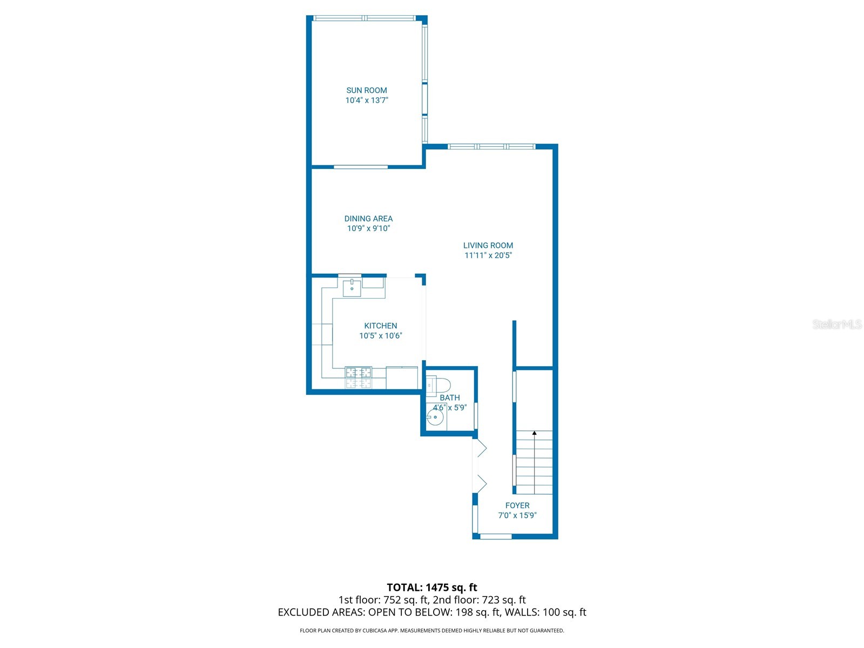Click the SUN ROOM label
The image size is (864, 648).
point(366,90)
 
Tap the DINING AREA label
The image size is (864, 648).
point(368,218)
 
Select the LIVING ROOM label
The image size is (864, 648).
point(488,245)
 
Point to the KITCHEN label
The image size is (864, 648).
point(380,326)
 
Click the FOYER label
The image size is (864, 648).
point(517,505)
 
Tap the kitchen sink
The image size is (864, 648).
point(352,288)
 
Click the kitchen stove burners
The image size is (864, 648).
point(358,372)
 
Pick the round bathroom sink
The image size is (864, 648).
point(435,417)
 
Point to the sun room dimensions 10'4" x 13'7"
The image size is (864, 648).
point(367,100)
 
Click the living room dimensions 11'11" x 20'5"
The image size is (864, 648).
point(488,255)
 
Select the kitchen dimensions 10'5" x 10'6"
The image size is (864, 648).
point(380,335)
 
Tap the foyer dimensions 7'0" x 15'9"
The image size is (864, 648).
point(517,515)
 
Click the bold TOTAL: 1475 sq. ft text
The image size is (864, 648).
point(431,588)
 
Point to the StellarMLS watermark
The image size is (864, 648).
point(837,324)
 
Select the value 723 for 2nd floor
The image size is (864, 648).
point(490,600)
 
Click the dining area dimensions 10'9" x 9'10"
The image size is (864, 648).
point(368,228)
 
